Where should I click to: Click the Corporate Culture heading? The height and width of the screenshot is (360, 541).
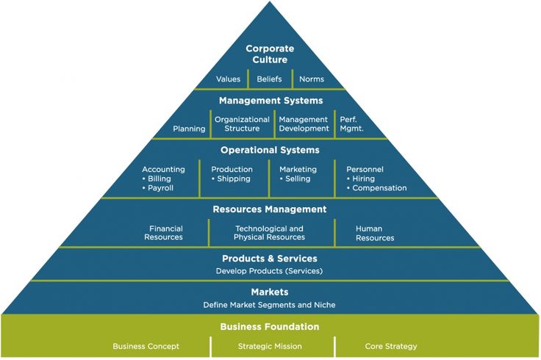(x=270, y=54)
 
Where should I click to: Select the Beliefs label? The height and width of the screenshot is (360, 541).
(x=269, y=79)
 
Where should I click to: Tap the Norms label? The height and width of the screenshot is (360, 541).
(x=312, y=79)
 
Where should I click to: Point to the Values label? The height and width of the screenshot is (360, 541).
(x=228, y=79)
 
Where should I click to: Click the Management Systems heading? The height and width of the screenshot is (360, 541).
(x=270, y=101)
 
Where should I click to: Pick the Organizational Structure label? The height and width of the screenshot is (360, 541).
(x=242, y=123)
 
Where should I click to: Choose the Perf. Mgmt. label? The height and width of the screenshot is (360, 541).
(x=351, y=123)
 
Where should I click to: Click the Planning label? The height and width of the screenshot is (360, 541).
(x=189, y=129)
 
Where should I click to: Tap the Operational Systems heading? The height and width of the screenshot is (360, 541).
(x=270, y=150)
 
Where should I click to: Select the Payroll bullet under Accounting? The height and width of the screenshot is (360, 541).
(x=158, y=188)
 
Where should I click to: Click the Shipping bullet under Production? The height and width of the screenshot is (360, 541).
(x=231, y=179)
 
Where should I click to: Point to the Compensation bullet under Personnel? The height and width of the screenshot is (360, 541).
(x=377, y=188)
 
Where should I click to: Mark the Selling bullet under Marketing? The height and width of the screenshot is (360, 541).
(x=295, y=179)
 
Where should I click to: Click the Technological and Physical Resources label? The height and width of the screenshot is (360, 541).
(x=269, y=233)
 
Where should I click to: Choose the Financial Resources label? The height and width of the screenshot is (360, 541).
(x=163, y=233)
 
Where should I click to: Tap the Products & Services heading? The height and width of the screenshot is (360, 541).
(x=270, y=259)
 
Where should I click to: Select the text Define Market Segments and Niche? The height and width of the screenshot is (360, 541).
(x=269, y=305)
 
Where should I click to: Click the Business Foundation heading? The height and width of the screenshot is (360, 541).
(x=270, y=326)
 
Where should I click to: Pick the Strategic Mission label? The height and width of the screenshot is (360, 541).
(x=270, y=346)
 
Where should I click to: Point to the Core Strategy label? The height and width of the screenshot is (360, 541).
(x=391, y=346)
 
